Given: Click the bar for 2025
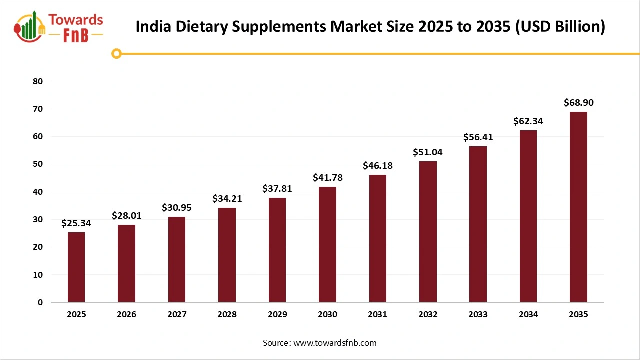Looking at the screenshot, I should click(76, 267).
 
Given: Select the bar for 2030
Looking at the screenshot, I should click(327, 245).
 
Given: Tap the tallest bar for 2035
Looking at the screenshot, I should click(578, 207).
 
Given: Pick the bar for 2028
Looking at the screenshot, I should click(227, 255).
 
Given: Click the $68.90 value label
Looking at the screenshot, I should click(578, 103).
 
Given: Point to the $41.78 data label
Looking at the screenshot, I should click(327, 178).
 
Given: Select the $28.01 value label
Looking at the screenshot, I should click(126, 215).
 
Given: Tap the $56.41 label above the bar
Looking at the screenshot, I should click(478, 137).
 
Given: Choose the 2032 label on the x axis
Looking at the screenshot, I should click(428, 315).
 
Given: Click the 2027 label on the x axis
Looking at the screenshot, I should click(177, 315).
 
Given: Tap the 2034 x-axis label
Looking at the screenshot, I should click(528, 315).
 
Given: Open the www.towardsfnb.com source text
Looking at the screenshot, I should click(334, 343).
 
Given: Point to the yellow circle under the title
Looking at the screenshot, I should click(116, 53).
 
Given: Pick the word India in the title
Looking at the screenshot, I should click(151, 27).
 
